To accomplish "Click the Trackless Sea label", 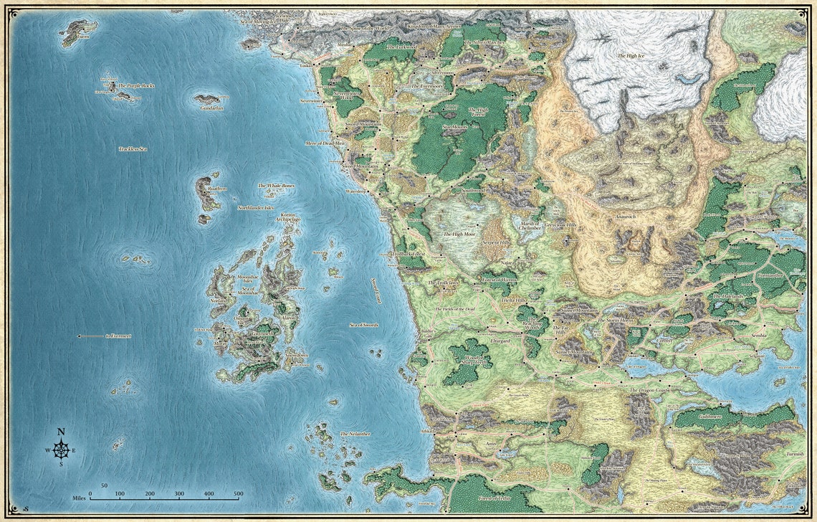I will click(x=133, y=148).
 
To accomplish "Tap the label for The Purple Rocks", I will click(x=136, y=85).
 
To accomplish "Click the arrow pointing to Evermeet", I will click(x=91, y=336).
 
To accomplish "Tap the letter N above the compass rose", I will click(x=61, y=432).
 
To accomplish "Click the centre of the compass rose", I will click(x=61, y=450).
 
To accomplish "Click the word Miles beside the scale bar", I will click(x=80, y=496).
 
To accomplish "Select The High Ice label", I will click(x=631, y=55).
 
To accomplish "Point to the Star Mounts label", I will click(x=454, y=127).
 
